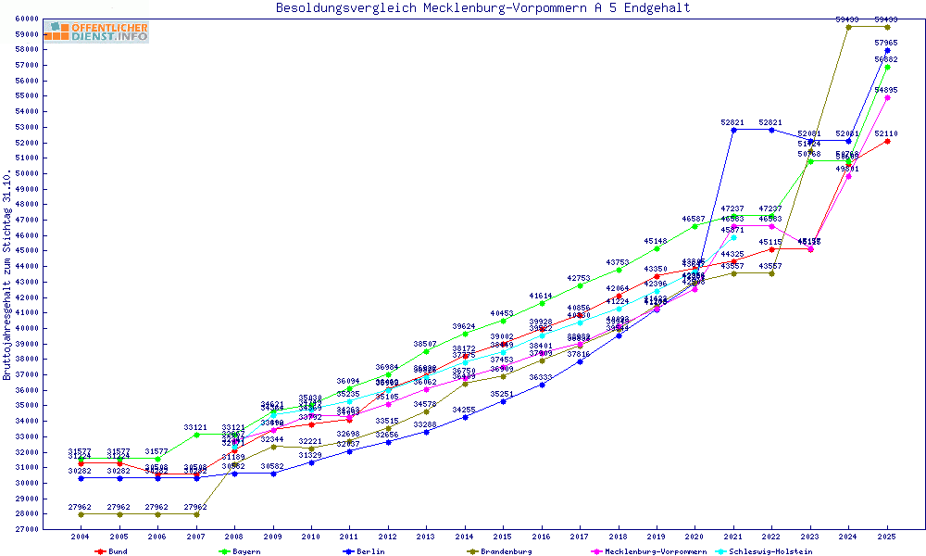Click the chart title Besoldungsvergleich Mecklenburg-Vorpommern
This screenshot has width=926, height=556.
[482, 8]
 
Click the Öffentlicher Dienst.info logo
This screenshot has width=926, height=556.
[96, 32]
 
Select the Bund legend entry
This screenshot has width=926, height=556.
[110, 551]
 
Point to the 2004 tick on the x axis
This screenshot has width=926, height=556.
[81, 537]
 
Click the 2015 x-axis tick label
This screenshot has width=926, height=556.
[503, 537]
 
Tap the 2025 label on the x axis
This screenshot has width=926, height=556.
[887, 537]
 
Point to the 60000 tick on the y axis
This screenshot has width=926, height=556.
[26, 19]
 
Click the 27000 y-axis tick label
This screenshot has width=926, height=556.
[26, 529]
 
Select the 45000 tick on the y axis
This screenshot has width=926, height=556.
[26, 250]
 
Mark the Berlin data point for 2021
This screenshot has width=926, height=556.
[733, 130]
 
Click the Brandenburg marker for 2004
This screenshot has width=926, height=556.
[81, 514]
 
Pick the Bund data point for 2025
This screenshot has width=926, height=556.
[887, 141]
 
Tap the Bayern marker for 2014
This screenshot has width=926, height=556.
[465, 334]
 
